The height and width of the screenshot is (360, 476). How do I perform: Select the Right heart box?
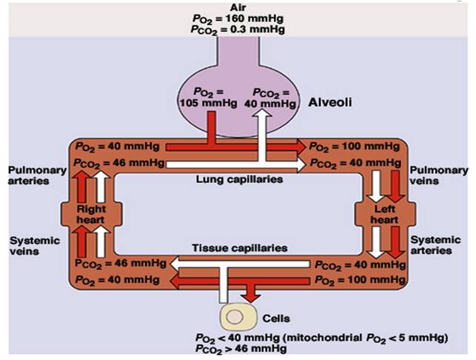coord(91,214)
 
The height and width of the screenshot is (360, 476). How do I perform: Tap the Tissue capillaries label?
coord(239,248)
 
